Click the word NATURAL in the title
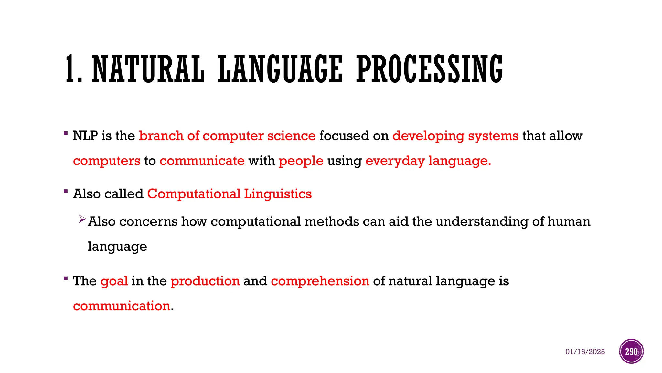pos(148,69)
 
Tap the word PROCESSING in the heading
pos(429,69)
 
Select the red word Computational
pos(194,194)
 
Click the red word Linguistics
pos(278,194)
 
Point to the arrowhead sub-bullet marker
pos(82,220)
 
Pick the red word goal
pos(114,281)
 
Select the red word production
pos(205,281)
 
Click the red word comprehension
pos(320,281)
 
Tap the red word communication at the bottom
pos(122,306)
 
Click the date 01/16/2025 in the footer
pos(585,352)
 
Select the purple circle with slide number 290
pos(631,351)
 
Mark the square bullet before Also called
pos(66,191)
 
